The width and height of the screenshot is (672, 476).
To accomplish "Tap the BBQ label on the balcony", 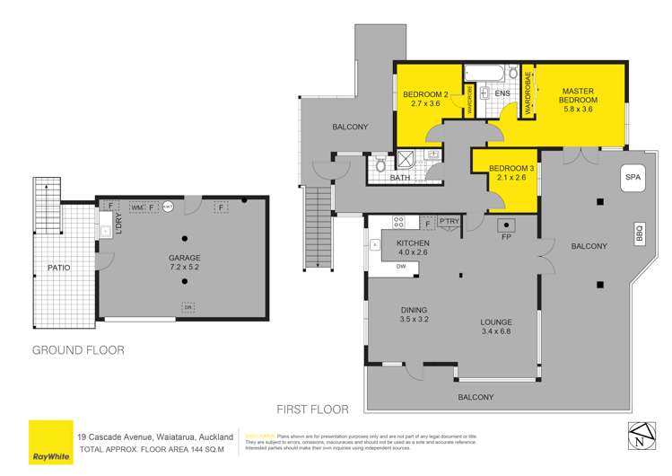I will pyautogui.click(x=640, y=233).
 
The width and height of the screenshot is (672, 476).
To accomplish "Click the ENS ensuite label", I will pyautogui.click(x=502, y=93).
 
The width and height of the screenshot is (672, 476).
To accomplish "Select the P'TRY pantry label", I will pyautogui.click(x=449, y=222).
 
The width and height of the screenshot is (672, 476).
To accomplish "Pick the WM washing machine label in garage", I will pyautogui.click(x=137, y=207).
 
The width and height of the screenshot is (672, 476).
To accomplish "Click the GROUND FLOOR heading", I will pyautogui.click(x=78, y=349).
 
